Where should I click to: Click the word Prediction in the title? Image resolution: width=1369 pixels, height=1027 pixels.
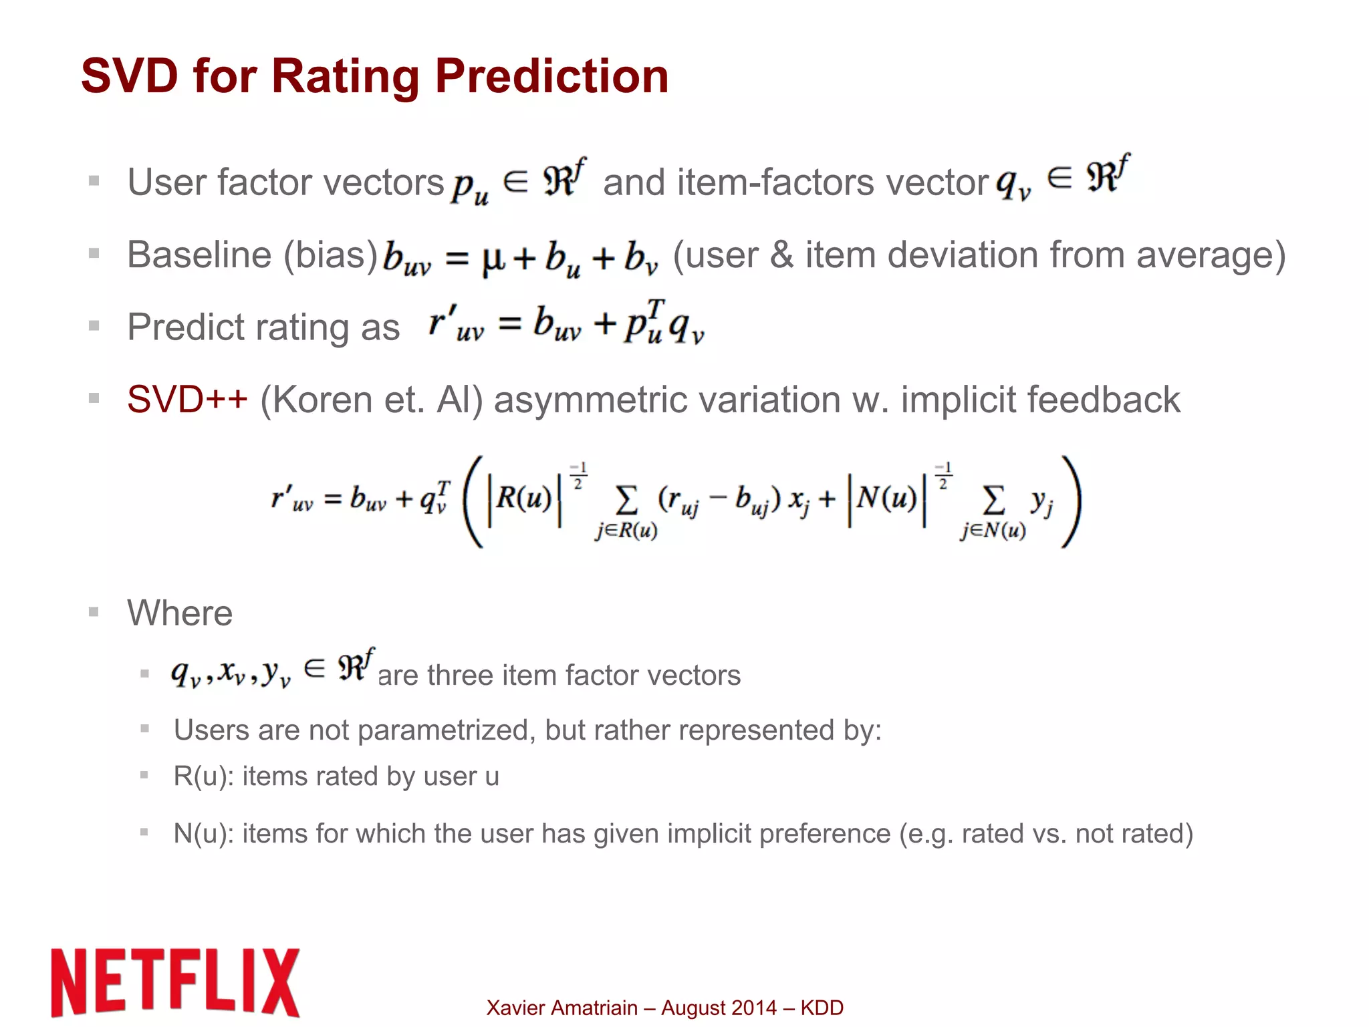click(x=551, y=76)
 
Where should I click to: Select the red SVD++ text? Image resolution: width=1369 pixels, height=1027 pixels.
click(x=187, y=400)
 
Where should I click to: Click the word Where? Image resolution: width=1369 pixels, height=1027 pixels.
click(x=180, y=613)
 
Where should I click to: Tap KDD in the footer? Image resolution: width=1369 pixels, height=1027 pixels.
click(x=822, y=1008)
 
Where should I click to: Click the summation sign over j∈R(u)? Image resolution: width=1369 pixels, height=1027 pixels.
click(x=626, y=500)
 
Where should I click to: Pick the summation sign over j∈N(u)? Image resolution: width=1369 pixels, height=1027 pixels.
click(x=993, y=500)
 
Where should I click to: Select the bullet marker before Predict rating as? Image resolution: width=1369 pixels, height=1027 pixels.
click(x=94, y=326)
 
